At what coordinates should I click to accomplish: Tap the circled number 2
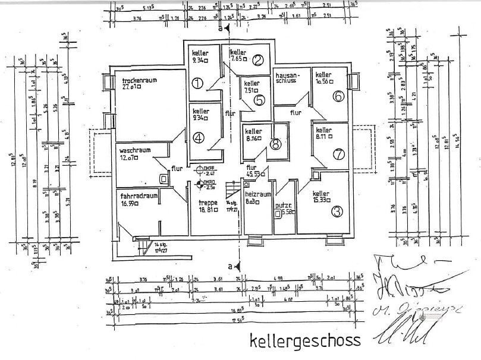tap(257, 59)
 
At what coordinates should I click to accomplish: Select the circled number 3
tap(337, 210)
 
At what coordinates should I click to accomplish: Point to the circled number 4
tap(198, 137)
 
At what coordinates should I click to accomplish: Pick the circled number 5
tap(259, 100)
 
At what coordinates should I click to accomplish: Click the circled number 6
tap(338, 96)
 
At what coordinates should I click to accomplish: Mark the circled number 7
tap(338, 154)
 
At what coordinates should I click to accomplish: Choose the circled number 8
tap(275, 143)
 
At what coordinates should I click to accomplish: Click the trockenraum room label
tap(140, 80)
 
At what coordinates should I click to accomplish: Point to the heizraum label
tap(258, 194)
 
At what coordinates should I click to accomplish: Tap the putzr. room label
tap(282, 206)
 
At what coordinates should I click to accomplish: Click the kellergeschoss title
tap(305, 340)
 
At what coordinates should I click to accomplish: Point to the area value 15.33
tap(323, 201)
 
